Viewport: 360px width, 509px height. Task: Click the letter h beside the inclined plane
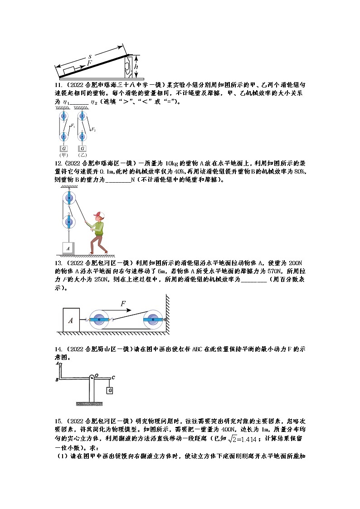(x=136, y=66)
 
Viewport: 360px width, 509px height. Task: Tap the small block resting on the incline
(x=70, y=71)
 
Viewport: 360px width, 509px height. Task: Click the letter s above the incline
(x=90, y=56)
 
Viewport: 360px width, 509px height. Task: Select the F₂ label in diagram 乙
(x=93, y=130)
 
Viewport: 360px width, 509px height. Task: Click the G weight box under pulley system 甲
(x=63, y=148)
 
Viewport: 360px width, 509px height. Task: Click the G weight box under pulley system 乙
(x=82, y=148)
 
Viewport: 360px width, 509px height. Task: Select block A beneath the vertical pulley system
(x=68, y=248)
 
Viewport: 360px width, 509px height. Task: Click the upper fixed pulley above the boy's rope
(x=68, y=198)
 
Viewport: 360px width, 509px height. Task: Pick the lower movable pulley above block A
(x=68, y=222)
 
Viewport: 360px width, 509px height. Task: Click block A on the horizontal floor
(x=70, y=320)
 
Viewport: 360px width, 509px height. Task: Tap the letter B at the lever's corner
(x=56, y=379)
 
